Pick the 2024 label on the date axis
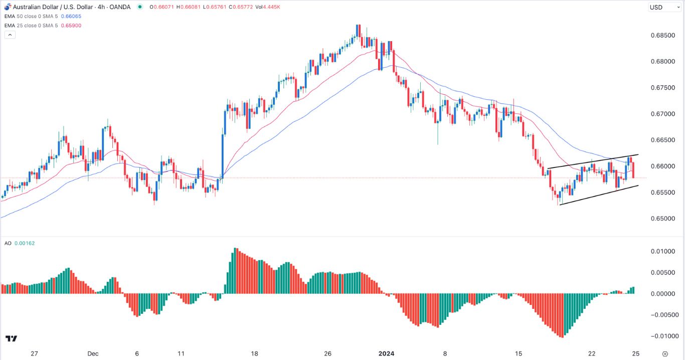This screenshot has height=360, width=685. coord(386,353)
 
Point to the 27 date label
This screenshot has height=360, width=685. coord(34,353)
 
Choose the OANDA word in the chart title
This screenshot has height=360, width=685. coord(120,7)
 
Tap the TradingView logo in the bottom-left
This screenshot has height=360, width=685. coord(11,339)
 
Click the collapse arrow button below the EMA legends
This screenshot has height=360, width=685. coord(10,35)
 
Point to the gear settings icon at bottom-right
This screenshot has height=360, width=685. coord(665,353)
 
